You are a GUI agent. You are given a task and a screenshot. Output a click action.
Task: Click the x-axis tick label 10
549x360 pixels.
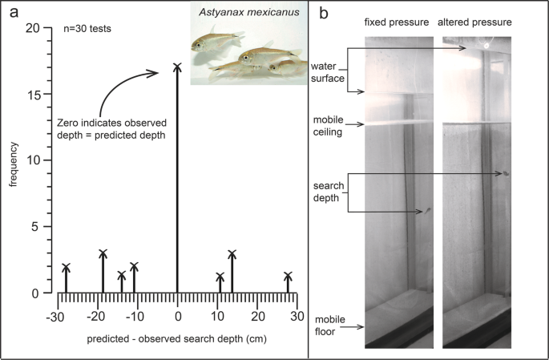point(217,315)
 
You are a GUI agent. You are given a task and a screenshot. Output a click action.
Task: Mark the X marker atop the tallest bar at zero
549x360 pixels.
point(176,67)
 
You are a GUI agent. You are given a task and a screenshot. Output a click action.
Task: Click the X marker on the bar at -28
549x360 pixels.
point(66,268)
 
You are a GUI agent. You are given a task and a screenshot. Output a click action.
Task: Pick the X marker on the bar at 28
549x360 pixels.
point(288,277)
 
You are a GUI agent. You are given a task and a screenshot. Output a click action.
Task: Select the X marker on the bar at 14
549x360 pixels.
point(232,254)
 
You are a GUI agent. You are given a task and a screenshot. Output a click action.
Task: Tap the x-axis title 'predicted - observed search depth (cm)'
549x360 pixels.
point(176,339)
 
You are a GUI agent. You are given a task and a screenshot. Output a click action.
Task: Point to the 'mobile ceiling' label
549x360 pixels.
point(328,126)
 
